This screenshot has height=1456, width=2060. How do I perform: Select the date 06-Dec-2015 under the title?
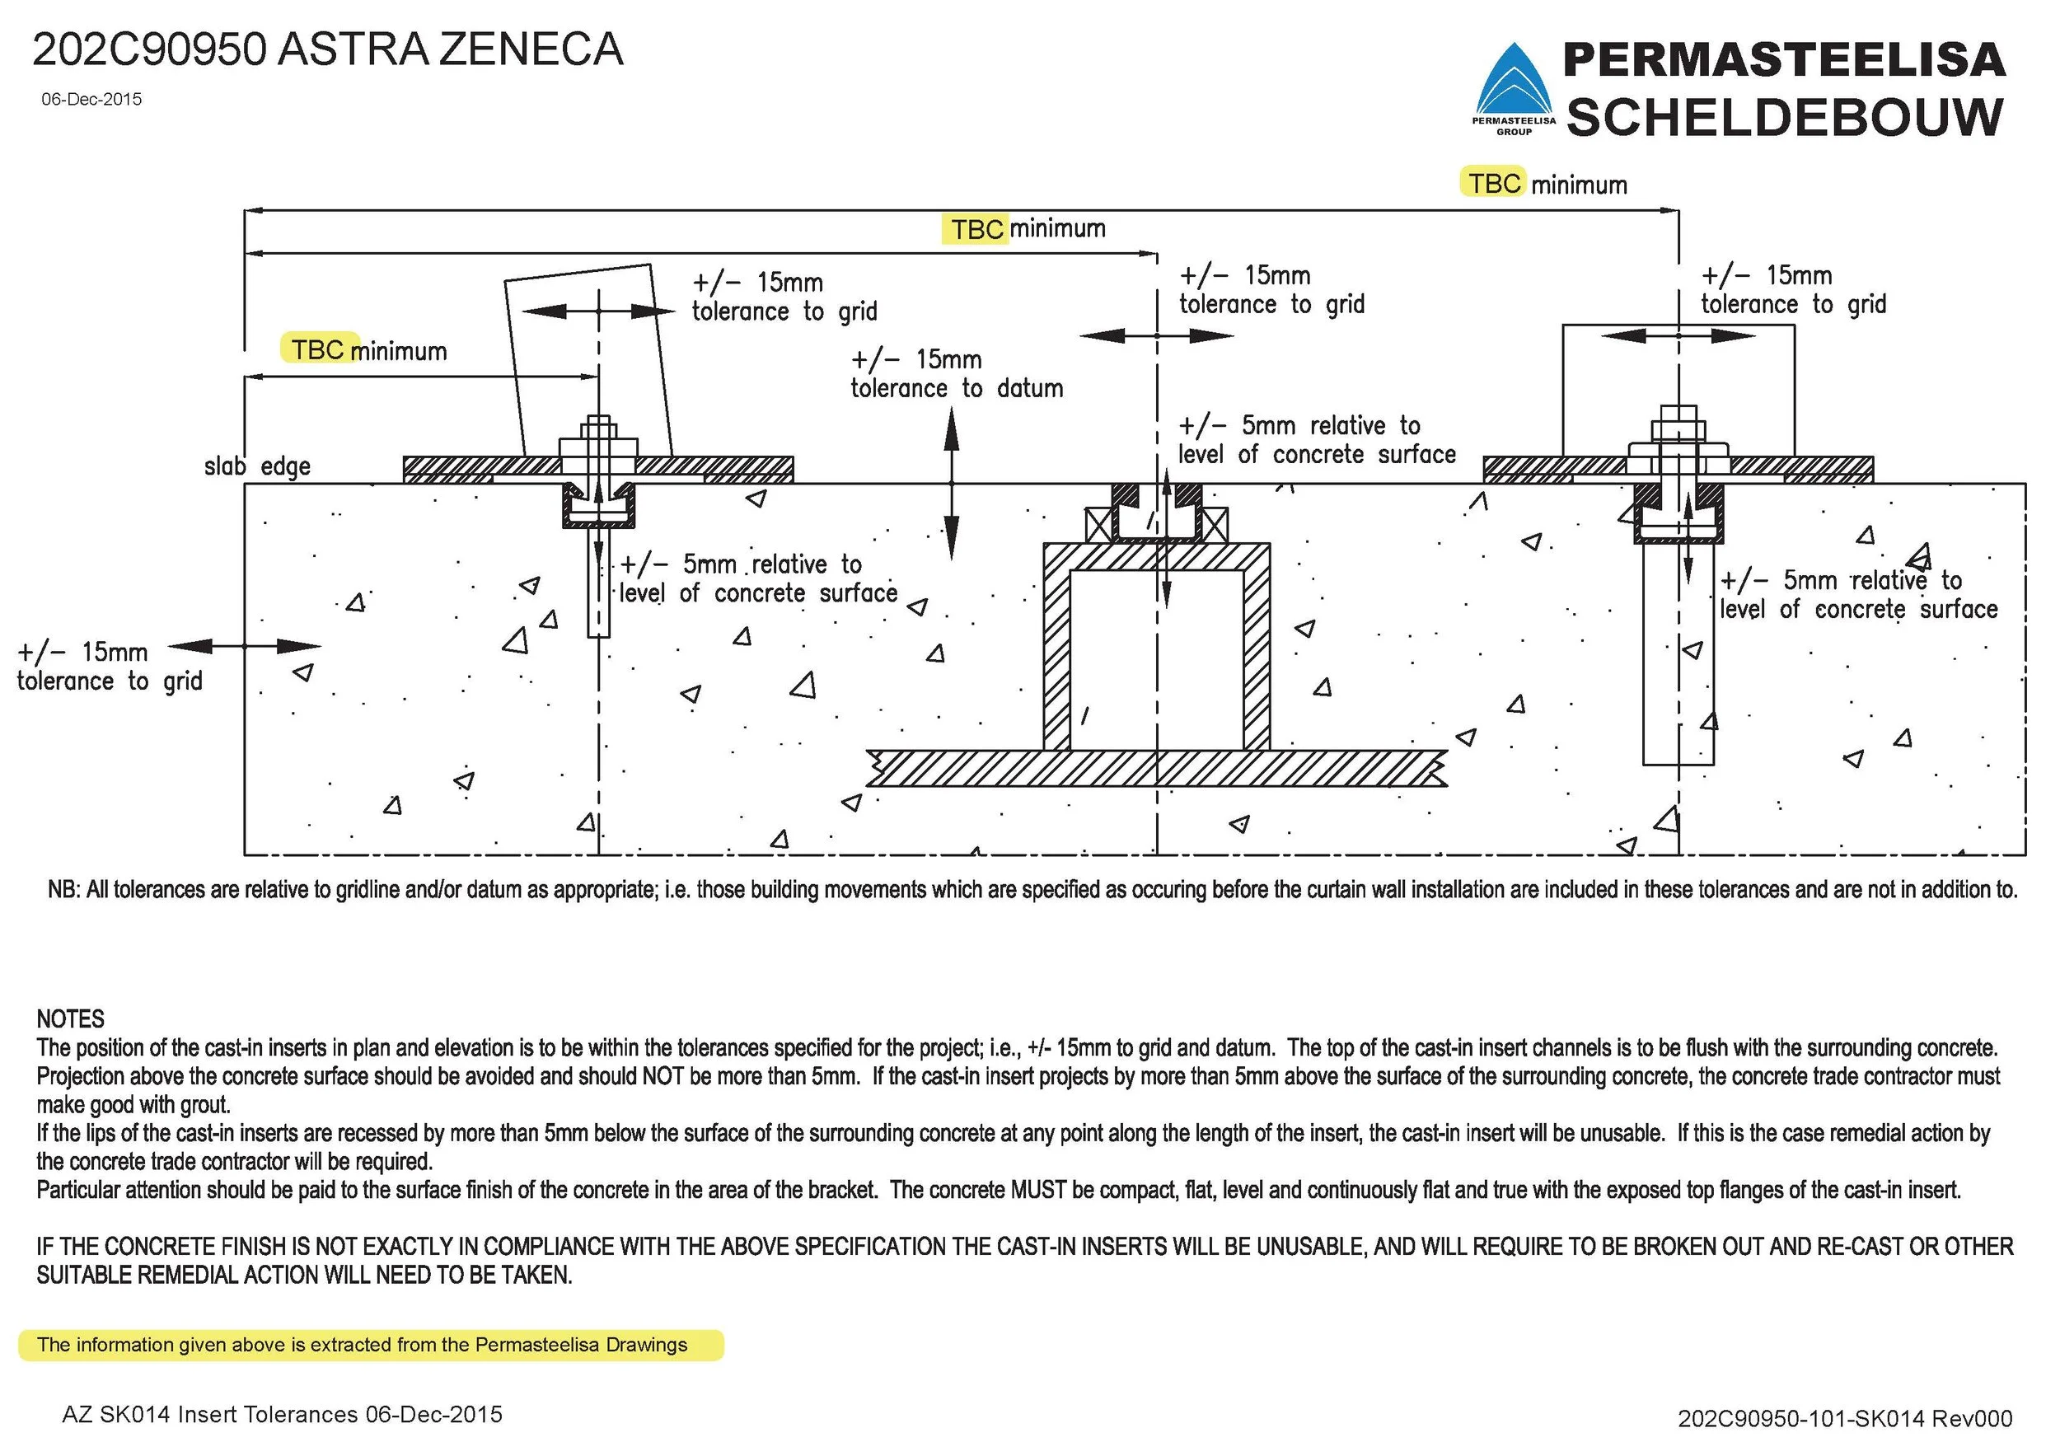click(91, 100)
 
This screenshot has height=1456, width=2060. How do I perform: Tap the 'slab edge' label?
click(257, 466)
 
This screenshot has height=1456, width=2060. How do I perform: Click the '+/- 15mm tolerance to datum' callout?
click(957, 374)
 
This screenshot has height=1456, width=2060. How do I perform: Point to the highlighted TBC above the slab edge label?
click(319, 349)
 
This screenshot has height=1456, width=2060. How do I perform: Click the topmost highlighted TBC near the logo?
click(1494, 184)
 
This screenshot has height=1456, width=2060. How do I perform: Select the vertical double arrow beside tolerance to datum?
click(952, 485)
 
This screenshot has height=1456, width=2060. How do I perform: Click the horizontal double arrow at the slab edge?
click(244, 646)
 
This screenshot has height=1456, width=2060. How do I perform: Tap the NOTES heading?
click(70, 1019)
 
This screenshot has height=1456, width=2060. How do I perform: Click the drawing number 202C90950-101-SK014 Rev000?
click(1845, 1418)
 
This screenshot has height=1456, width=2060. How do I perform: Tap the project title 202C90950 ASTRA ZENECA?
click(327, 49)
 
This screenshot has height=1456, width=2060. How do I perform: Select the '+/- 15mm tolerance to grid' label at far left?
click(110, 667)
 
